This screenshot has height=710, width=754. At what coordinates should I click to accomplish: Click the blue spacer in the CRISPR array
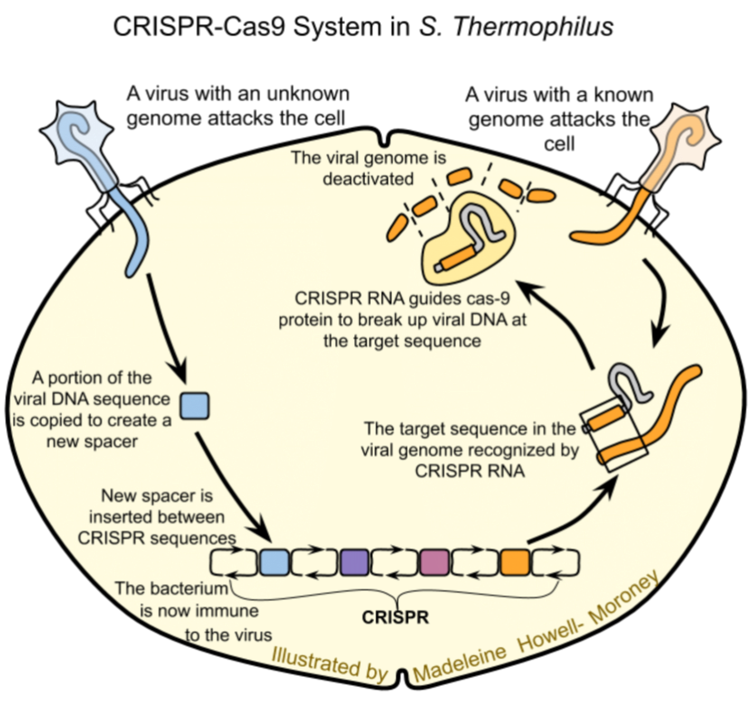click(275, 563)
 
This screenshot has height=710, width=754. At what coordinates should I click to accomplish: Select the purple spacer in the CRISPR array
click(354, 563)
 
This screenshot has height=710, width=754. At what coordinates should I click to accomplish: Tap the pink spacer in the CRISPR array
click(434, 563)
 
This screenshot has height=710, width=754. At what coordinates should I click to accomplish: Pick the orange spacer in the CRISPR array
click(515, 563)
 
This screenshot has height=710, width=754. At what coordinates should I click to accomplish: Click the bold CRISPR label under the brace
click(395, 617)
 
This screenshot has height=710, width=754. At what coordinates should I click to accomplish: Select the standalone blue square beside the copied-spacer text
click(195, 406)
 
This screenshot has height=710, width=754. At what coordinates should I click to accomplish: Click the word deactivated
click(368, 179)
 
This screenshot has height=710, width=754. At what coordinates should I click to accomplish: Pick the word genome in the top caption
click(397, 158)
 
